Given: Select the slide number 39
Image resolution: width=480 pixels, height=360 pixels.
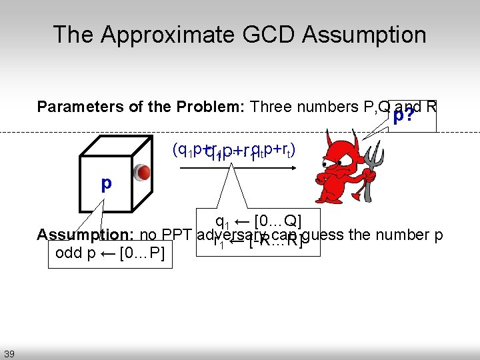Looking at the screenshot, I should coord(9,353).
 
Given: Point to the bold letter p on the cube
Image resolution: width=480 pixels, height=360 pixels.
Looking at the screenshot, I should coord(107,183).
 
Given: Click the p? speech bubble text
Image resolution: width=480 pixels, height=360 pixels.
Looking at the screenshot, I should coord(402,117).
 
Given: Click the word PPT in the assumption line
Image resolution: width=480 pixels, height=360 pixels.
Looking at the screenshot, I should coord(179,235).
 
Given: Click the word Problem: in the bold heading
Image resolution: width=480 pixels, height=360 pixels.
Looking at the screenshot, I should coord(212,107).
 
